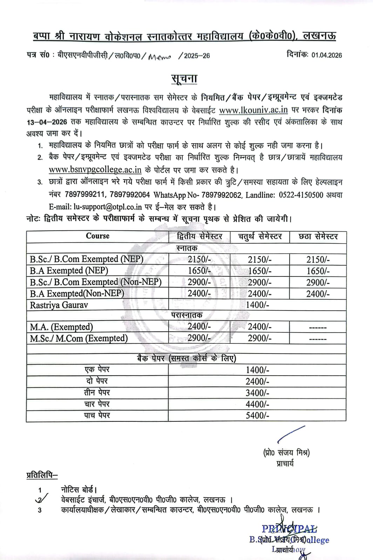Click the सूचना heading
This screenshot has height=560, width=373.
(x=184, y=79)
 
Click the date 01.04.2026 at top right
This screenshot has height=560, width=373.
(x=326, y=55)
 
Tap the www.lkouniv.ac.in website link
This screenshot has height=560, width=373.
(x=253, y=110)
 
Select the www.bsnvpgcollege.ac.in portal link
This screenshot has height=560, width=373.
(x=95, y=170)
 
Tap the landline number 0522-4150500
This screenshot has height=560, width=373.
(x=301, y=195)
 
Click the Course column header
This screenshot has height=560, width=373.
(x=97, y=236)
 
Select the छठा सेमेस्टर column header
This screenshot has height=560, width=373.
(x=318, y=237)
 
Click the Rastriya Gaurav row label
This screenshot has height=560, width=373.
(x=59, y=305)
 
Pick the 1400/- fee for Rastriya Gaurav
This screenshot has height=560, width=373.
(x=257, y=305)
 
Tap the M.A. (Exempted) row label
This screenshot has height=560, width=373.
(x=61, y=327)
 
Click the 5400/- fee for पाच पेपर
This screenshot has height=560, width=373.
(x=257, y=415)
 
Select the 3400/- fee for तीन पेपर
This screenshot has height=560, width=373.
(x=257, y=393)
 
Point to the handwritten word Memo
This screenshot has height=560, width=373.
(x=159, y=56)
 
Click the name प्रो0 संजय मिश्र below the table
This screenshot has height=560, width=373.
(x=286, y=453)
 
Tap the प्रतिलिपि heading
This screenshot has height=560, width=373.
(x=42, y=475)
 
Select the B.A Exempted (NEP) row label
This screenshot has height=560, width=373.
(x=69, y=271)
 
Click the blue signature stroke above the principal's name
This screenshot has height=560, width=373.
(x=291, y=434)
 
